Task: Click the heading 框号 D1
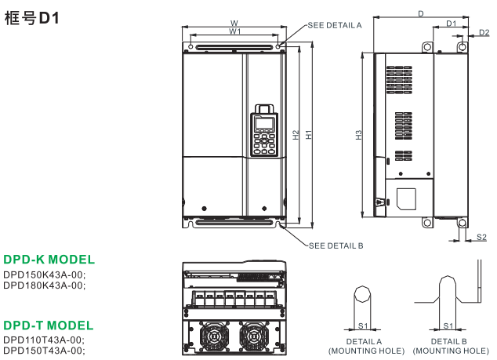[32, 16]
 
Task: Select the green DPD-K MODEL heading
[49, 260]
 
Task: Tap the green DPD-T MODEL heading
[48, 325]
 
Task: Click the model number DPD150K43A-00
[44, 275]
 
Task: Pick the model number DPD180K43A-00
[44, 285]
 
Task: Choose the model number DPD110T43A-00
[44, 340]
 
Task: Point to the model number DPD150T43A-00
[44, 350]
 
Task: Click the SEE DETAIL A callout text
[335, 25]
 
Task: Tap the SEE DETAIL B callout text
[336, 245]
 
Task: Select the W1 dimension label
[234, 32]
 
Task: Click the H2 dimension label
[296, 134]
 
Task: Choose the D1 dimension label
[452, 24]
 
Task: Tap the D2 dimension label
[484, 32]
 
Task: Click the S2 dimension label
[481, 235]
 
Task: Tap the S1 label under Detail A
[362, 325]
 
